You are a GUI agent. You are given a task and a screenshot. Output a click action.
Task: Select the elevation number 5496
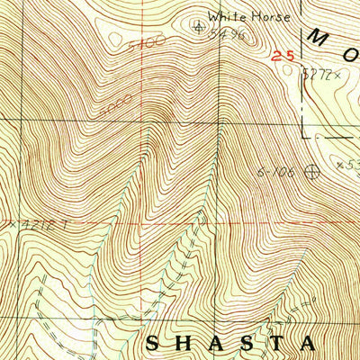tap(227, 33)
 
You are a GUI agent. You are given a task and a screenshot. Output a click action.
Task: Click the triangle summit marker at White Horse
tap(199, 26)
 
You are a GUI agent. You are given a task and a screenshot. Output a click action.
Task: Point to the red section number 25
tap(283, 56)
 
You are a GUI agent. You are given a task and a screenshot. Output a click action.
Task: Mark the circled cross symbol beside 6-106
tap(313, 168)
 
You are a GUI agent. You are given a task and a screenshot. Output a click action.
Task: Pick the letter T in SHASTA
tap(275, 343)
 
